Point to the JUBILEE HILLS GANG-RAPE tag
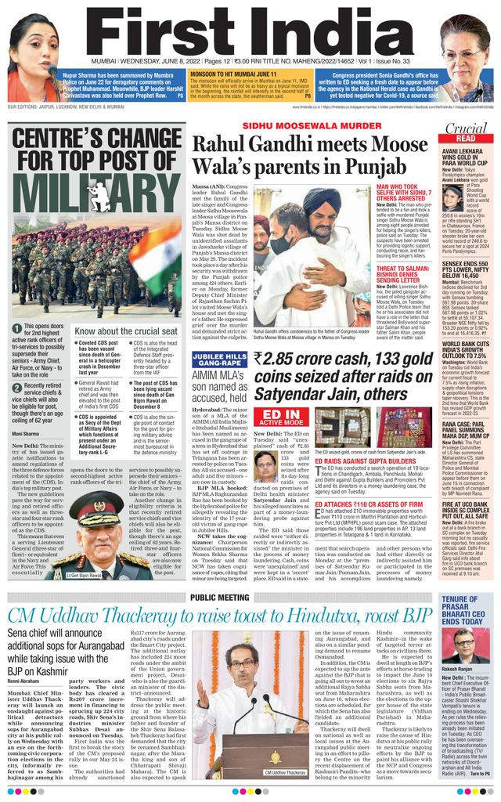point(218,359)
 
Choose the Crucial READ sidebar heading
point(466,132)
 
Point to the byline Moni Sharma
point(27,433)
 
